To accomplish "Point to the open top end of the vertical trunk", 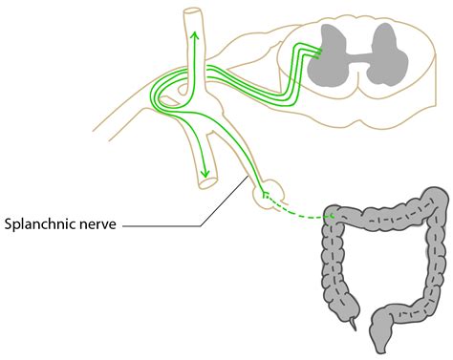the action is pyautogui.click(x=194, y=13).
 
